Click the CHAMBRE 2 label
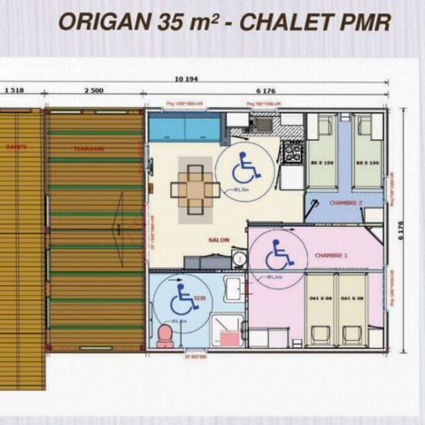coord(345,203)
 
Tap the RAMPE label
coord(16,146)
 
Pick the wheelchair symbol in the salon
coord(244,167)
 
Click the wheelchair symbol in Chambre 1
coord(278,254)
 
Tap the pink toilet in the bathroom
coord(165,336)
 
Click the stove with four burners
coord(292,152)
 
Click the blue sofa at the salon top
coord(184,129)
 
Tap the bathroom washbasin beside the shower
coord(233,290)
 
